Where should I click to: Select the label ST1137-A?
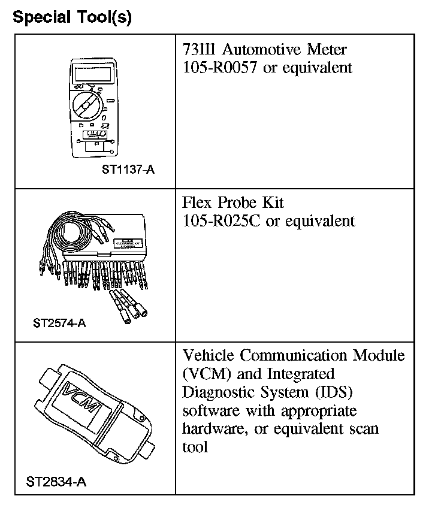click(x=128, y=170)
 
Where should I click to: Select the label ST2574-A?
click(x=59, y=323)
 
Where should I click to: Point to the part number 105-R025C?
click(x=222, y=220)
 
